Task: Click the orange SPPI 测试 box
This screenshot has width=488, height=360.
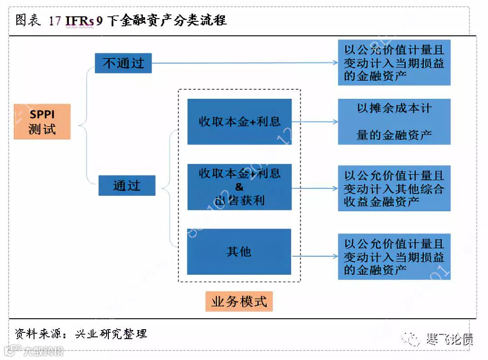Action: point(42,122)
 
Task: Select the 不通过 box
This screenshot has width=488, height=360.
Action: point(123,63)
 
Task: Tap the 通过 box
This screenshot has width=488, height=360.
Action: point(127,185)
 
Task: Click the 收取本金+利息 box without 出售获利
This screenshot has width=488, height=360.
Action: point(239,122)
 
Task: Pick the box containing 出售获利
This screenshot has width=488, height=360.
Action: point(239,187)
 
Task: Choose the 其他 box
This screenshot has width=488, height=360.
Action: point(239,252)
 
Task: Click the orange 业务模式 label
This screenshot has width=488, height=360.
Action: point(239,302)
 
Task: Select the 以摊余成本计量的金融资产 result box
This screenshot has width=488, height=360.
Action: point(394,122)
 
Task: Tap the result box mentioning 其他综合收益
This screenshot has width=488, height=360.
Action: point(394,188)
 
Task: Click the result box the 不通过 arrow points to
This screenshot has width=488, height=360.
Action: point(394,62)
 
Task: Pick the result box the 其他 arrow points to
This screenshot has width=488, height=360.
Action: point(394,257)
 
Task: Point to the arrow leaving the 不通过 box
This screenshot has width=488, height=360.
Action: point(245,63)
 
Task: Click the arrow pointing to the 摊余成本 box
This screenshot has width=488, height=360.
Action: point(315,122)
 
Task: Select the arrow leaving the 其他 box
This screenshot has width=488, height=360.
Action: point(315,256)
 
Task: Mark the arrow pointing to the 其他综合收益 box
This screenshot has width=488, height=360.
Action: point(315,188)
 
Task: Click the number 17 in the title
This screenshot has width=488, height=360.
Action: point(55,21)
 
